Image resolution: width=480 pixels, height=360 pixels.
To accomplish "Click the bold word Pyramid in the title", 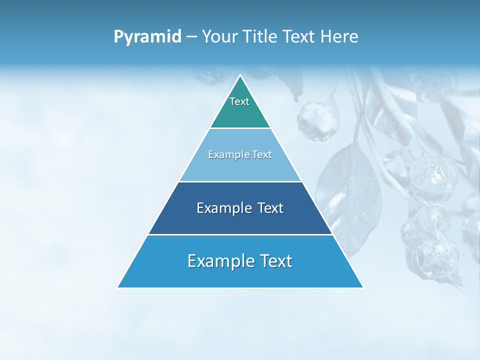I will [147, 37].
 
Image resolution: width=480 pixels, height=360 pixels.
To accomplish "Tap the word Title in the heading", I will [261, 37].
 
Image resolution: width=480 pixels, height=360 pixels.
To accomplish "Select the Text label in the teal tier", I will [239, 101].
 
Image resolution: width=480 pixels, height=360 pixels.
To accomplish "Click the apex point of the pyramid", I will [240, 75].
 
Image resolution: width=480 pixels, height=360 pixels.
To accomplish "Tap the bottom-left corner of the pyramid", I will [118, 287].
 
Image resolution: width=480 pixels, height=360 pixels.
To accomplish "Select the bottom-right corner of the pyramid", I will [363, 287].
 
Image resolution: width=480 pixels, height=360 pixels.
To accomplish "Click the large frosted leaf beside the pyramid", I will [350, 195].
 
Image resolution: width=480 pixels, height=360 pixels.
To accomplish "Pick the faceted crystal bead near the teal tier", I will [318, 119].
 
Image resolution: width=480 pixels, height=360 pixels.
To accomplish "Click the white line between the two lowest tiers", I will [240, 234].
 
